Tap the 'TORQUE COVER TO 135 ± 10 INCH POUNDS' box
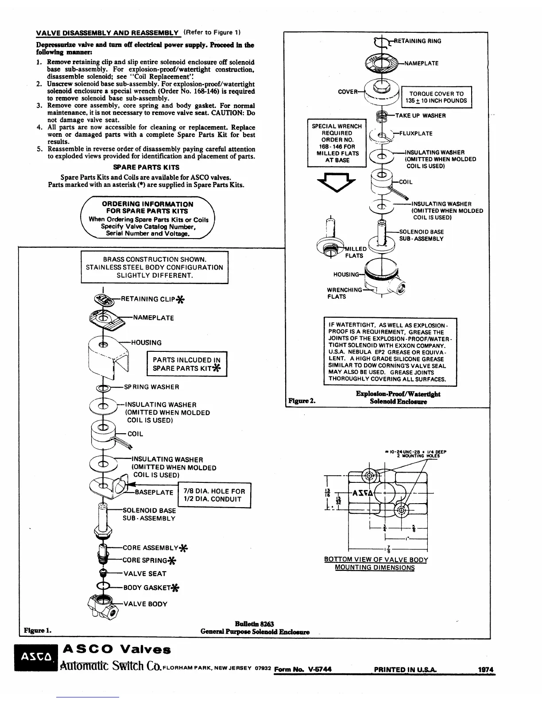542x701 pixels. (x=436, y=97)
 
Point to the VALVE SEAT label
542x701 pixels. (x=145, y=574)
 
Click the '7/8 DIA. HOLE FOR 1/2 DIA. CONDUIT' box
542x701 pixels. (x=214, y=495)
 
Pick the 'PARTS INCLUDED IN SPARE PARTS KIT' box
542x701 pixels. (x=186, y=364)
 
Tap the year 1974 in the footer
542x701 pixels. (x=486, y=670)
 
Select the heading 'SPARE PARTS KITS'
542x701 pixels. (x=146, y=167)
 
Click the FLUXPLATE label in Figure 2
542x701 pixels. (x=416, y=133)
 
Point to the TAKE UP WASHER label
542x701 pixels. (x=420, y=116)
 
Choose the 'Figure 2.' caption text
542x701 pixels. (x=302, y=401)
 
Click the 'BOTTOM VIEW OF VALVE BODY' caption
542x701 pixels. (x=376, y=559)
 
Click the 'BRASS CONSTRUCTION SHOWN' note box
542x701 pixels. (x=154, y=267)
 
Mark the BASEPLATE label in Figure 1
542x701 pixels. (x=154, y=492)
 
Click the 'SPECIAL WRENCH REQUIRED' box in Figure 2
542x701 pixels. (x=337, y=143)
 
